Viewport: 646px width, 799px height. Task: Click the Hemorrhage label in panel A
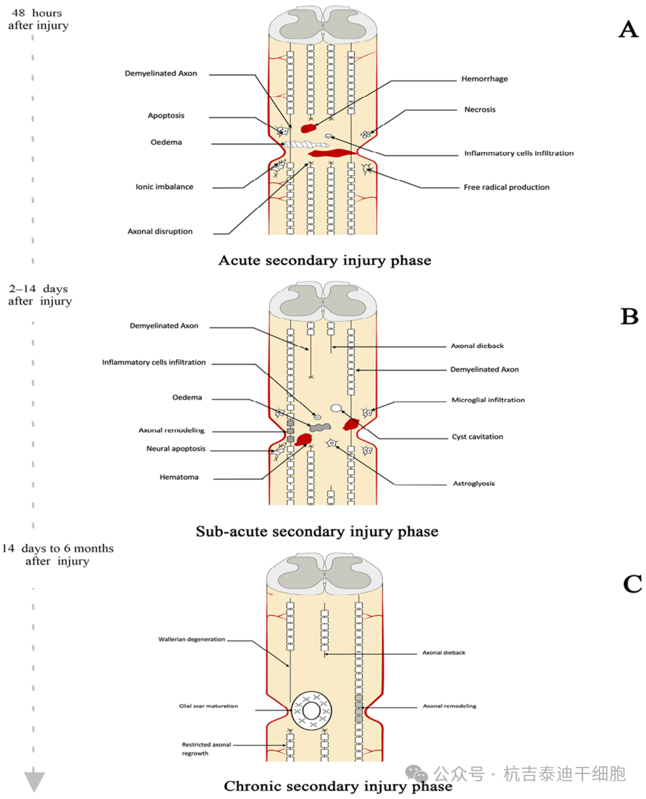pyautogui.click(x=484, y=79)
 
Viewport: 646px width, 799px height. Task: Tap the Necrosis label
pyautogui.click(x=480, y=109)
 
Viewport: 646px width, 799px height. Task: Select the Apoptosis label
pyautogui.click(x=166, y=115)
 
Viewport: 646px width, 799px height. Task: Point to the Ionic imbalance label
pyautogui.click(x=164, y=187)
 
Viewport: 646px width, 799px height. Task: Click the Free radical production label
pyautogui.click(x=506, y=187)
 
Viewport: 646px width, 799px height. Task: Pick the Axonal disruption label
pyautogui.click(x=160, y=231)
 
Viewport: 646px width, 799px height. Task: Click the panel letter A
pyautogui.click(x=628, y=29)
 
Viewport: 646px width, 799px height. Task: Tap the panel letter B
pyautogui.click(x=629, y=317)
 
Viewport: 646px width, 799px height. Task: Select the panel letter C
pyautogui.click(x=632, y=583)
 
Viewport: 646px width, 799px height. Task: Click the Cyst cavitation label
pyautogui.click(x=477, y=437)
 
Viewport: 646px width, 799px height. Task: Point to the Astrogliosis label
pyautogui.click(x=474, y=483)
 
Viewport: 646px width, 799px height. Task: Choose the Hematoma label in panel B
pyautogui.click(x=179, y=477)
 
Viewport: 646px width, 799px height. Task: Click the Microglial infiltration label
pyautogui.click(x=487, y=400)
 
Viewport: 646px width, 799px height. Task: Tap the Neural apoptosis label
pyautogui.click(x=176, y=449)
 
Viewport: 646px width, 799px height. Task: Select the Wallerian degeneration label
pyautogui.click(x=191, y=639)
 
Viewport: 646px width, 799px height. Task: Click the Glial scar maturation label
pyautogui.click(x=208, y=706)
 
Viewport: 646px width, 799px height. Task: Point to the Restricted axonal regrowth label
pyautogui.click(x=206, y=749)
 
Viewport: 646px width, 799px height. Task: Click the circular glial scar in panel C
pyautogui.click(x=311, y=711)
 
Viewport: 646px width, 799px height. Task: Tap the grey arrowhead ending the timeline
pyautogui.click(x=34, y=781)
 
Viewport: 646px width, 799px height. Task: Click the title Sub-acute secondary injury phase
pyautogui.click(x=316, y=531)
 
